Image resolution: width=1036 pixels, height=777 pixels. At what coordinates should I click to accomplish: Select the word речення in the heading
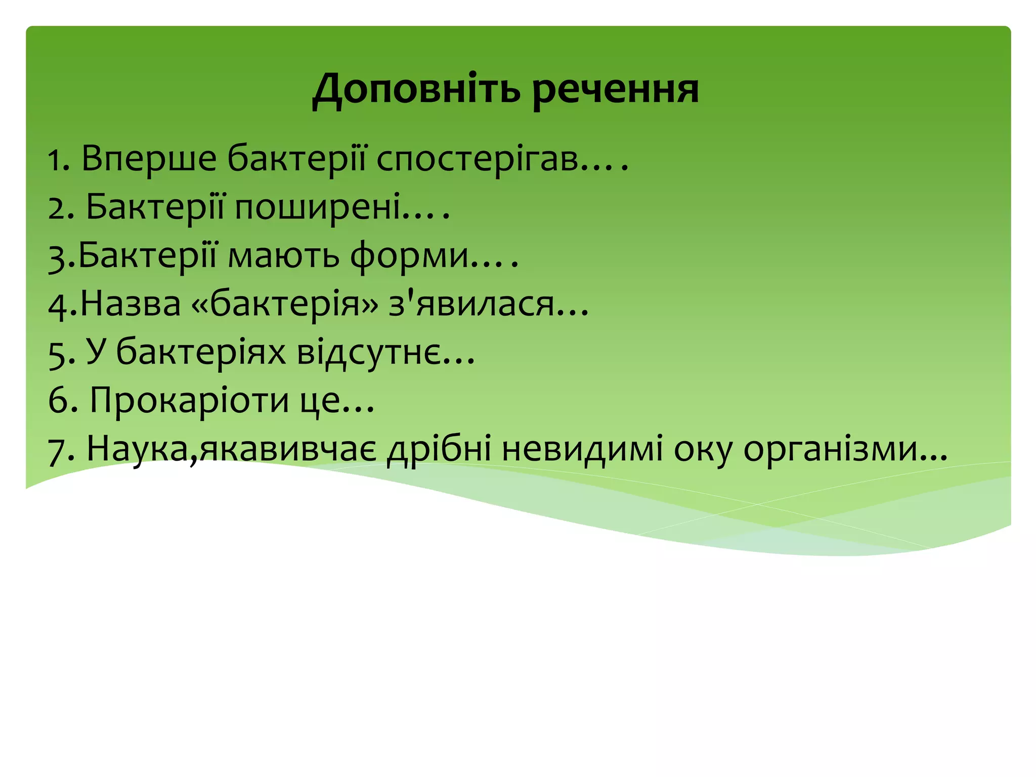616,90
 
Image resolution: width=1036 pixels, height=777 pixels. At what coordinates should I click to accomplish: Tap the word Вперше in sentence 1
149,159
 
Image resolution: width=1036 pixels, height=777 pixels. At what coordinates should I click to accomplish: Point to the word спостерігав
478,159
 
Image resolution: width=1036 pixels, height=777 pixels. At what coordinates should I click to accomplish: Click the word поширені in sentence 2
318,207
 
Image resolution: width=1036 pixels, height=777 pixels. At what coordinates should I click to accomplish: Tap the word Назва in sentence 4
131,305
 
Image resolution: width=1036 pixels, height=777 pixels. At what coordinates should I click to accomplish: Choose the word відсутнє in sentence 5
368,353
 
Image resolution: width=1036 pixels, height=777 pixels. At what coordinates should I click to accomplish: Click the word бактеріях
201,353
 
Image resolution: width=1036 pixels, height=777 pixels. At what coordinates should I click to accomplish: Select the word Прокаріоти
189,401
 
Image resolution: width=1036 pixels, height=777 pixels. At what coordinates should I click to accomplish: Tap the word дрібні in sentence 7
439,449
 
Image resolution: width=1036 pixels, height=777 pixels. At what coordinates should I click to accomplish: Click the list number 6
60,401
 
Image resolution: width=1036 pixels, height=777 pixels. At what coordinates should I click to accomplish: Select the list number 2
59,207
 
